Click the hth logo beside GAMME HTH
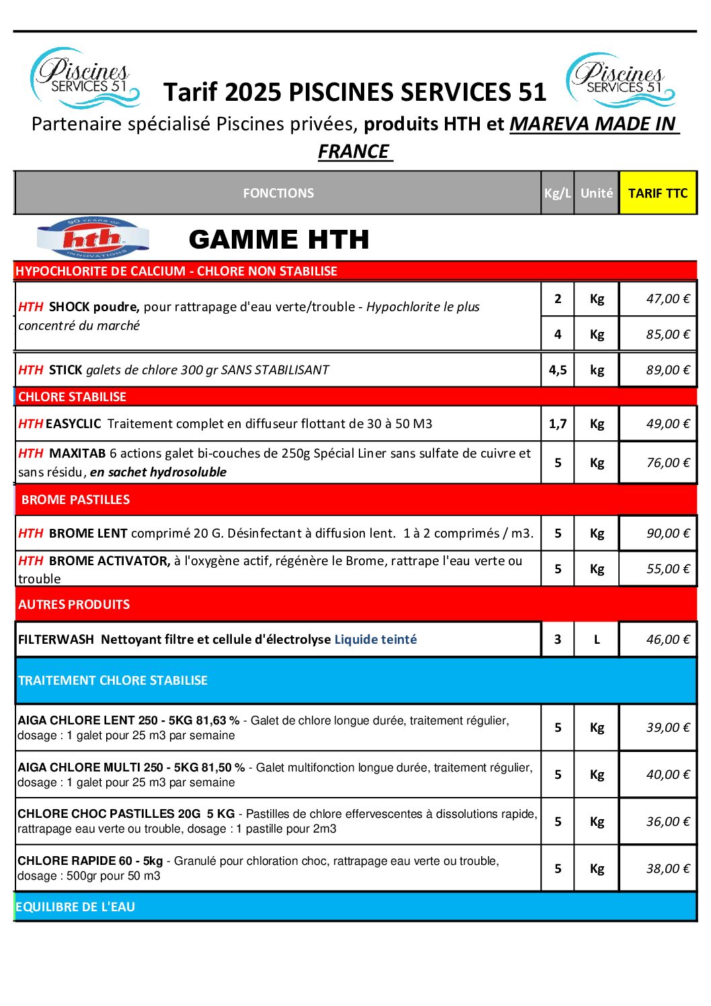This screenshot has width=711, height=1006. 93,238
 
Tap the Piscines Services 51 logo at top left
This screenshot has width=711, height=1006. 85,78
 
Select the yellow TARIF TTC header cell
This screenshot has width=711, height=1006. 658,194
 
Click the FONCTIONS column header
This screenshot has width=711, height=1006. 278,194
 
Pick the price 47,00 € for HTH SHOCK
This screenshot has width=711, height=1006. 667,299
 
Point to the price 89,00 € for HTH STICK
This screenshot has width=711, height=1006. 667,370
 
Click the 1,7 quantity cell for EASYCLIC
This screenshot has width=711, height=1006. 558,424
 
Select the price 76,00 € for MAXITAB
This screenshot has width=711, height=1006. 667,463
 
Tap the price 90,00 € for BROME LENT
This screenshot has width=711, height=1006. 667,534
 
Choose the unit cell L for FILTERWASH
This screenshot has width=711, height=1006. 597,640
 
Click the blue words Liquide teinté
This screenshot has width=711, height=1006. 376,640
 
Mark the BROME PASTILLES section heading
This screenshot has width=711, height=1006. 76,500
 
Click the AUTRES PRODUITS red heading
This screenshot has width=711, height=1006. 74,605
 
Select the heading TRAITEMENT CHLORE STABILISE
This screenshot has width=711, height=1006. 113,681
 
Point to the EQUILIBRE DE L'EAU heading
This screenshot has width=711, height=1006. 75,907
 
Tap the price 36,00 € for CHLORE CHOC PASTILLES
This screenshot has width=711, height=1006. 667,822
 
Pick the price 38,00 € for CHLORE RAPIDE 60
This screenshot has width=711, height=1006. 667,869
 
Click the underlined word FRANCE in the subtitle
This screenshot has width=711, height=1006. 354,152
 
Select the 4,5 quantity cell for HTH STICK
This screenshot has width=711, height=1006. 558,370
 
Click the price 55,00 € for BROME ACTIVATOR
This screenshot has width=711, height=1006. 667,569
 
